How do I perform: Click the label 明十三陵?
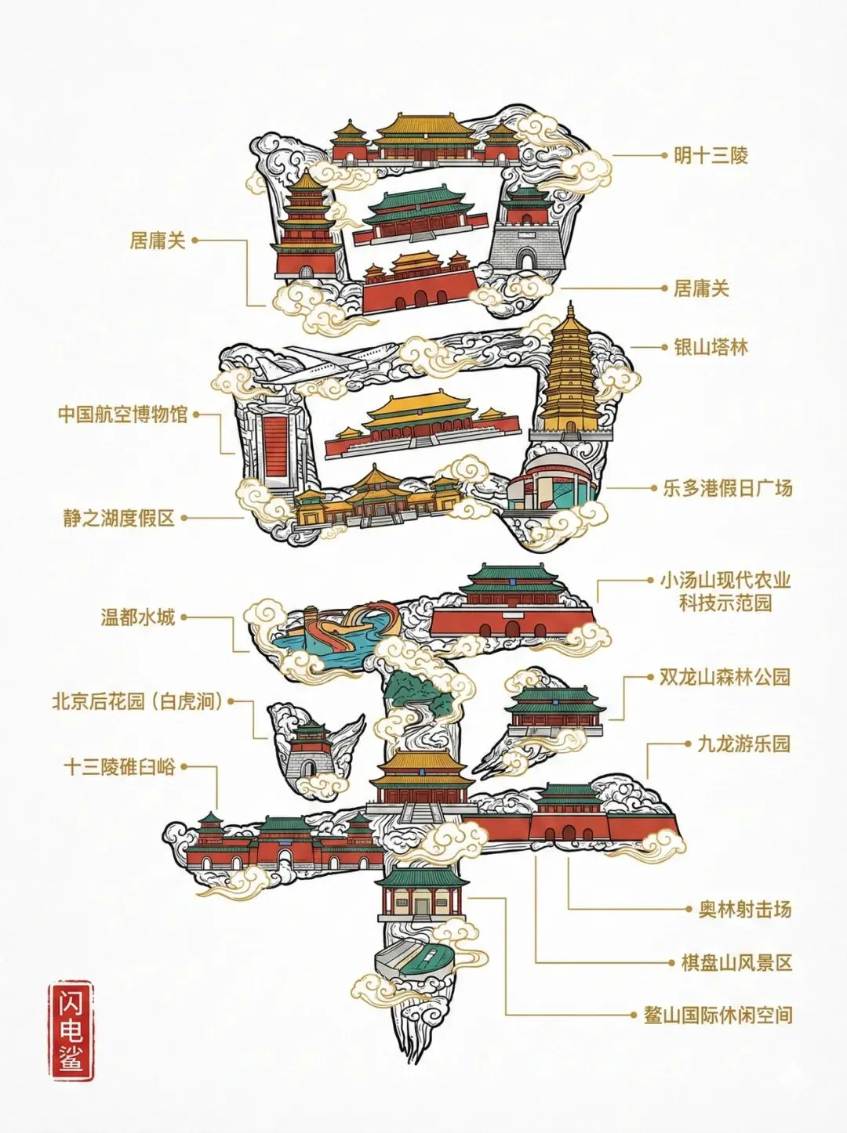pos(711,155)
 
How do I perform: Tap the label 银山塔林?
pos(711,347)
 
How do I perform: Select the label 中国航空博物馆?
pos(123,414)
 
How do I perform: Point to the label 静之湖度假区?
pos(119,518)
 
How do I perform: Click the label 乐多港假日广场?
pos(727,488)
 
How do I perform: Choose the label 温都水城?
pos(137,617)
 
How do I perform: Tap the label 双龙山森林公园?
pos(724,677)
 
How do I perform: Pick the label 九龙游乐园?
pos(743,744)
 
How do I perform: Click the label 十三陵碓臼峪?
pos(119,767)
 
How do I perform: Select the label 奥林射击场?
pos(745,909)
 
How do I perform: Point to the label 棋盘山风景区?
pos(736,962)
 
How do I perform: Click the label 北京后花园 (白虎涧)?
pos(137,701)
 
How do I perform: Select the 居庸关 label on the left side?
pos(158,240)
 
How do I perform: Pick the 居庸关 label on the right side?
pos(701,288)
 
